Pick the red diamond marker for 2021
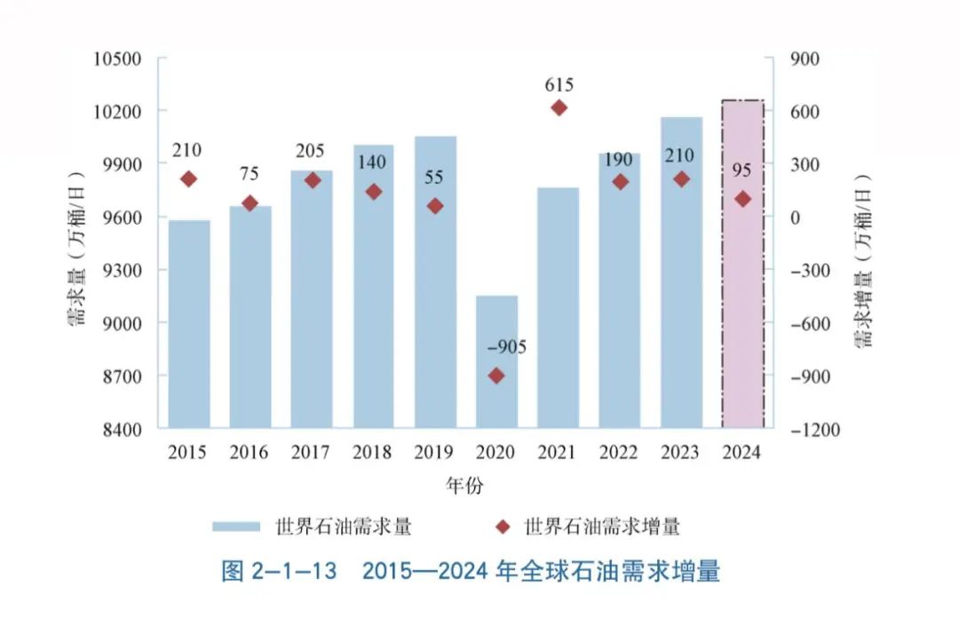click(559, 107)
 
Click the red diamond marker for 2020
click(496, 376)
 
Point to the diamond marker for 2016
click(250, 203)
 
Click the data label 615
click(559, 85)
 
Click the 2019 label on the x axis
click(434, 453)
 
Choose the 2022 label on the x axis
click(619, 453)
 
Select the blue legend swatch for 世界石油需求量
click(235, 527)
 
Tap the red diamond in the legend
click(503, 527)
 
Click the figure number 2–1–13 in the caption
click(294, 571)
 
